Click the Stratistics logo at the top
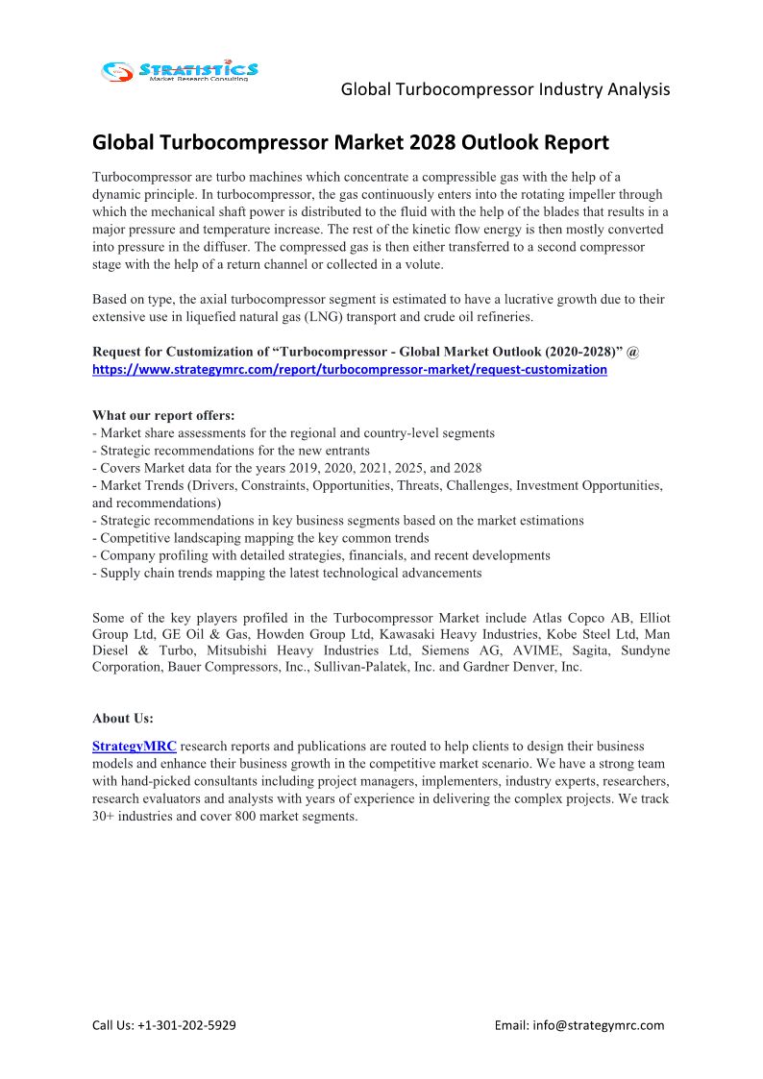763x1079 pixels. click(x=181, y=70)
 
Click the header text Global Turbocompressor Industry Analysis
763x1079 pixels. click(x=505, y=89)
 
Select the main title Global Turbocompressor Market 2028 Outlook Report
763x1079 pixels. click(x=351, y=143)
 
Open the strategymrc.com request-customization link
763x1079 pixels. click(x=349, y=369)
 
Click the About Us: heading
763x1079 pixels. click(x=123, y=718)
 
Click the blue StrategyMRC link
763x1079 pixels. click(x=134, y=746)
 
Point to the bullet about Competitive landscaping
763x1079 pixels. click(x=260, y=538)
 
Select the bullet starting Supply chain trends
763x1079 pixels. click(x=286, y=573)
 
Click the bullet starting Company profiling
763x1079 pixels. click(x=321, y=555)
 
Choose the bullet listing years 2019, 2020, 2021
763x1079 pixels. click(x=286, y=468)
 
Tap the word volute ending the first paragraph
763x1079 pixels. click(x=422, y=264)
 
